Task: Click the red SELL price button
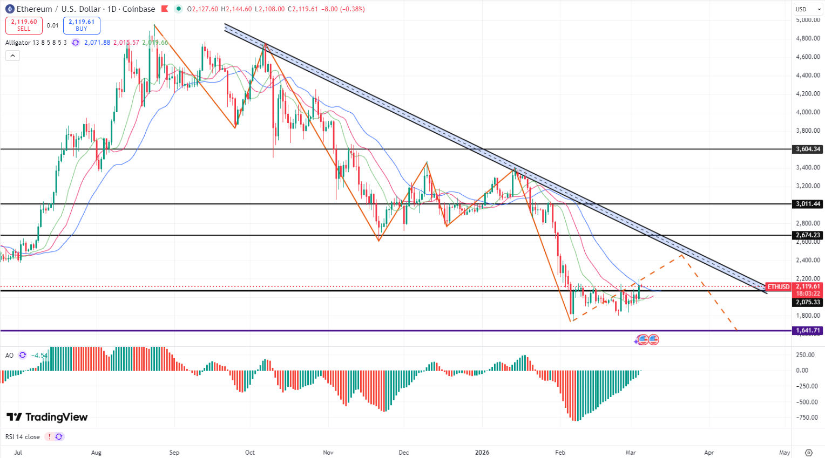click(x=24, y=25)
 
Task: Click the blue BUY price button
click(x=82, y=25)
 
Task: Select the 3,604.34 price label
click(x=807, y=149)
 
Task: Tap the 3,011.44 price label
click(x=807, y=204)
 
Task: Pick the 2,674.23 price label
click(x=807, y=235)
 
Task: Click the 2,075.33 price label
click(x=807, y=302)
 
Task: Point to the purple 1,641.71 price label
click(x=807, y=331)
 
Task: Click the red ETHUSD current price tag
click(x=779, y=287)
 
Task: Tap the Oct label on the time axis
click(x=249, y=453)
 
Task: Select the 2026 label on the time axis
click(x=482, y=453)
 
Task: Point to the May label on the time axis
click(x=785, y=453)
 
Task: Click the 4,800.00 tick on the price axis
click(x=808, y=38)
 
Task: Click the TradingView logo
click(x=47, y=417)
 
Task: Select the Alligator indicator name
click(x=18, y=43)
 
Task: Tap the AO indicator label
click(x=9, y=356)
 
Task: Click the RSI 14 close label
click(x=23, y=437)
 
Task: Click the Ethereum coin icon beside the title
click(x=10, y=9)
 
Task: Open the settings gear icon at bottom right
click(x=808, y=453)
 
